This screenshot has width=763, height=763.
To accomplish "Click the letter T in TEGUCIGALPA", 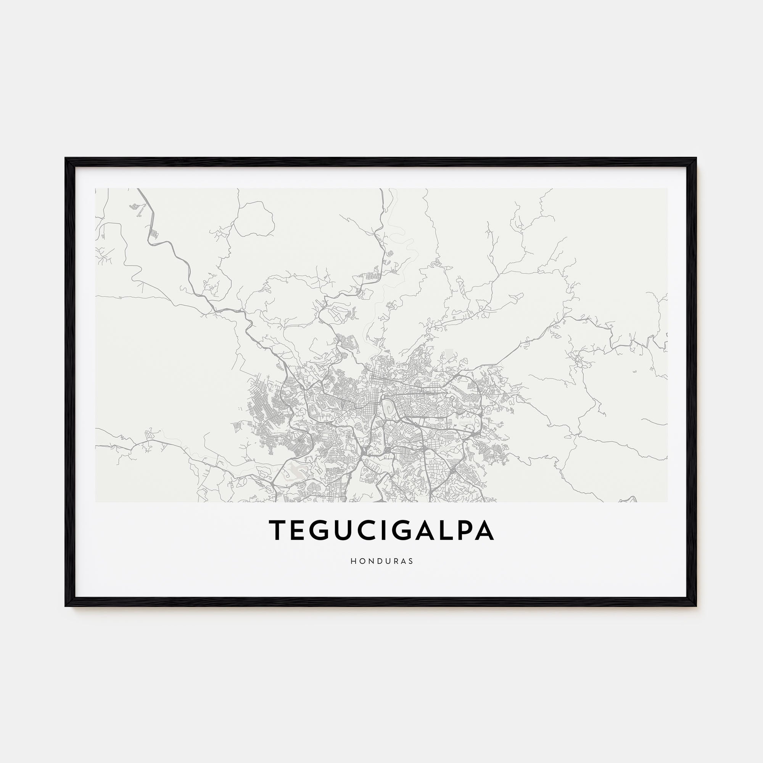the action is click(x=278, y=530).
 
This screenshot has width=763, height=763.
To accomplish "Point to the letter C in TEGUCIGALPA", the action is click(x=372, y=530).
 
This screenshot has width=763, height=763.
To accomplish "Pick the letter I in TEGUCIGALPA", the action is click(x=390, y=530).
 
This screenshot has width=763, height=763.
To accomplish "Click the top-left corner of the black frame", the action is click(x=66, y=159).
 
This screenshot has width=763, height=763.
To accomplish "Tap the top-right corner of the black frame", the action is click(x=695, y=159).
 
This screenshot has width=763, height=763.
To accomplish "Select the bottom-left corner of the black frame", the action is click(x=66, y=605).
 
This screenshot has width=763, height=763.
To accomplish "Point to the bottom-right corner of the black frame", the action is click(x=695, y=605).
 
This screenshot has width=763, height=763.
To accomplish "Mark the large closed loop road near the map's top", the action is click(x=255, y=220).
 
